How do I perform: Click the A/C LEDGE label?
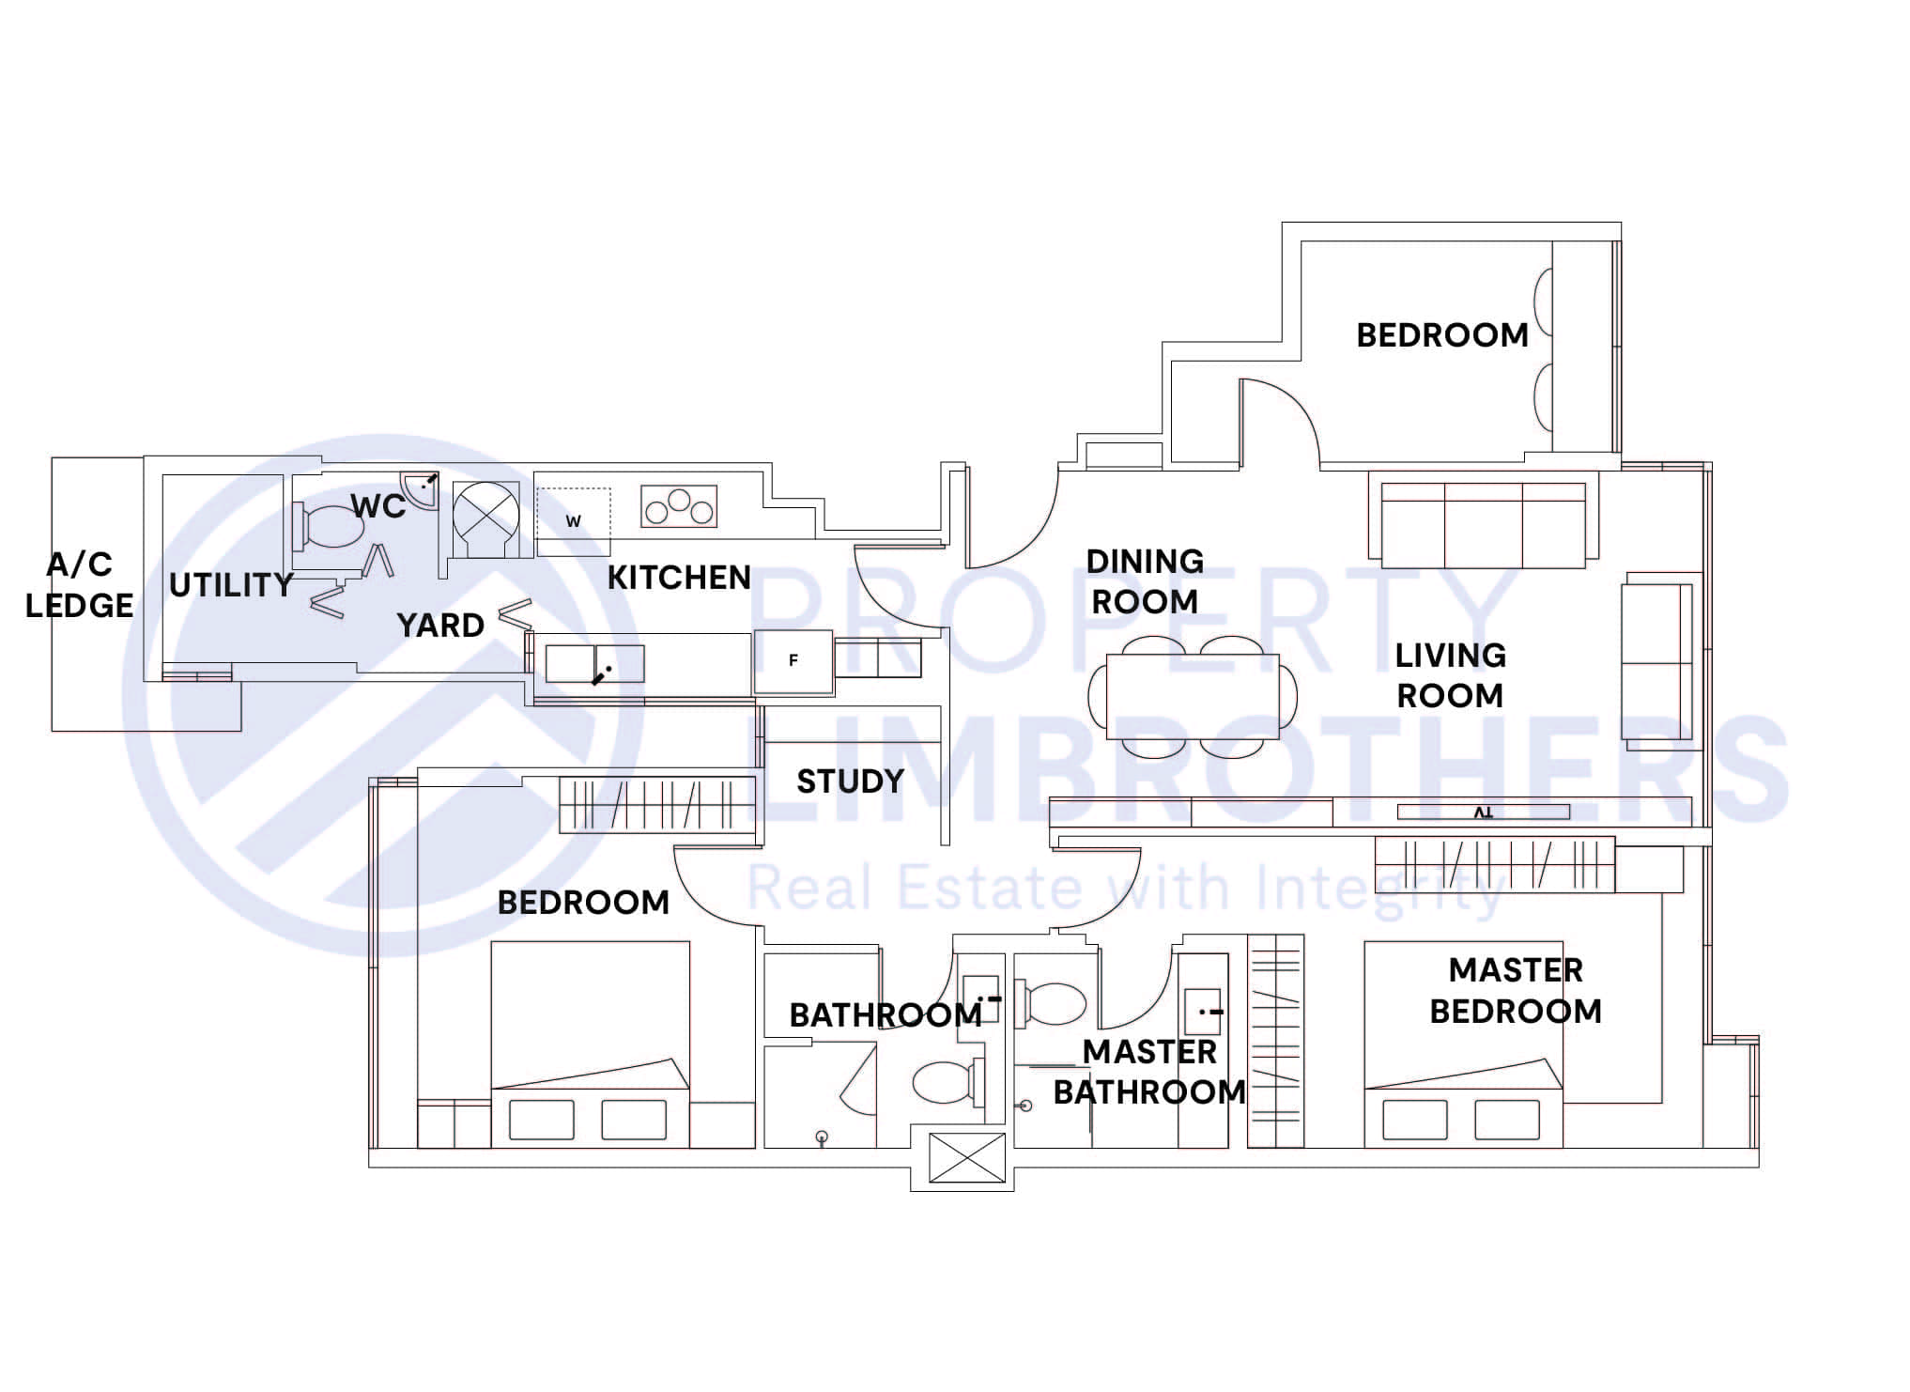pyautogui.click(x=80, y=585)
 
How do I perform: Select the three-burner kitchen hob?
pyautogui.click(x=679, y=507)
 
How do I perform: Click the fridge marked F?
pyautogui.click(x=793, y=661)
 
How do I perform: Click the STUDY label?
pyautogui.click(x=850, y=781)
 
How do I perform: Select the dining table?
pyautogui.click(x=1193, y=696)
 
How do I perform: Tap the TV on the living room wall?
pyautogui.click(x=1483, y=812)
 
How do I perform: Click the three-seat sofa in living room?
pyautogui.click(x=1484, y=525)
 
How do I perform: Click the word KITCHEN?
pyautogui.click(x=679, y=578)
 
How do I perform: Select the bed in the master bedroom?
pyautogui.click(x=1463, y=1047)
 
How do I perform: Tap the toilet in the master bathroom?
pyautogui.click(x=1054, y=1003)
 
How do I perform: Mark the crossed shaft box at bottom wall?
pyautogui.click(x=966, y=1157)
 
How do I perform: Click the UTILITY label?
pyautogui.click(x=231, y=585)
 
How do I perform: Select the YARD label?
pyautogui.click(x=439, y=626)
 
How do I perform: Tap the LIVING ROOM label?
pyautogui.click(x=1450, y=675)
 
